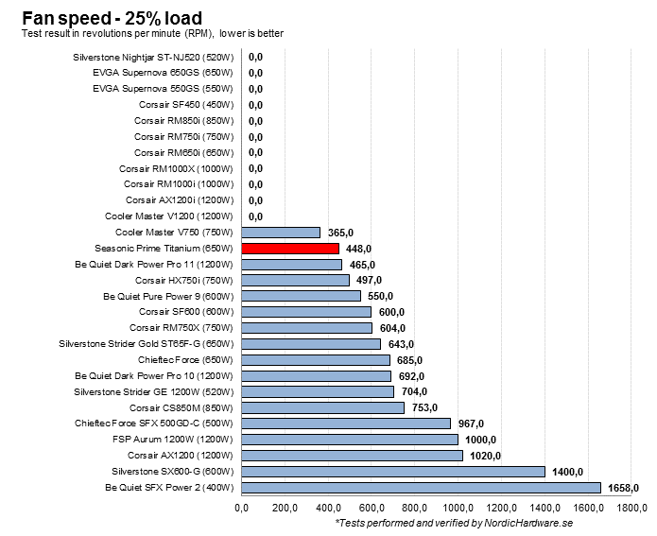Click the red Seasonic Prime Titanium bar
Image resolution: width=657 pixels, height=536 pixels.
(290, 248)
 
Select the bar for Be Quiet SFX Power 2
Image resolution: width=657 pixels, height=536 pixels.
(421, 488)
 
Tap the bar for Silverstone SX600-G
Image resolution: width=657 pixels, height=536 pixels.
(393, 472)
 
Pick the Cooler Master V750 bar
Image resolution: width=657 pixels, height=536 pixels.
(281, 232)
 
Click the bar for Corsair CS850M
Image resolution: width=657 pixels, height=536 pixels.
(323, 407)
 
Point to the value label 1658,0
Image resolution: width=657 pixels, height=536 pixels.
(624, 488)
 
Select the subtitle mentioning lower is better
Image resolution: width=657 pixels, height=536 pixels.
(152, 34)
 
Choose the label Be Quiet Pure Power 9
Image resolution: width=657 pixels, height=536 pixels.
(168, 296)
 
